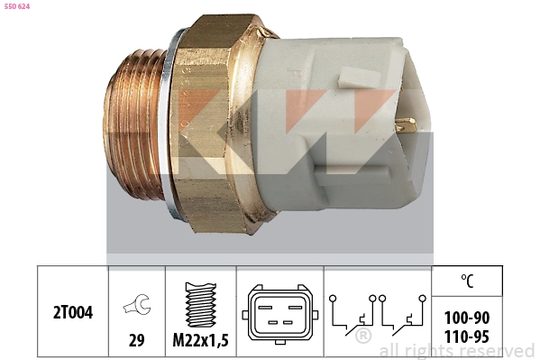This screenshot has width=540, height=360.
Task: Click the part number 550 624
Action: coord(18,6)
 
